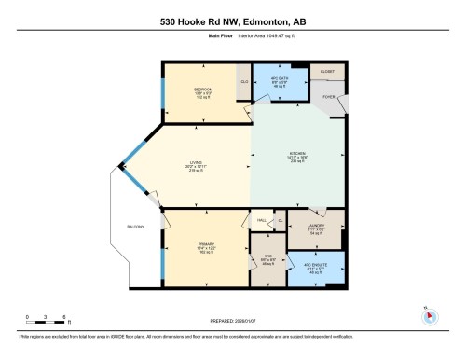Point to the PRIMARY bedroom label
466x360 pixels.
tap(207, 244)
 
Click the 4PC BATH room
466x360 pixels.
tap(281, 81)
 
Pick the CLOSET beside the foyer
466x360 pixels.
tap(327, 71)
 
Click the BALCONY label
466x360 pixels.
tap(136, 227)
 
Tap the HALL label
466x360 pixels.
tap(262, 221)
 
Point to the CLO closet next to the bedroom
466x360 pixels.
tap(244, 82)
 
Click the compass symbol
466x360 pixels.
tap(429, 314)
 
